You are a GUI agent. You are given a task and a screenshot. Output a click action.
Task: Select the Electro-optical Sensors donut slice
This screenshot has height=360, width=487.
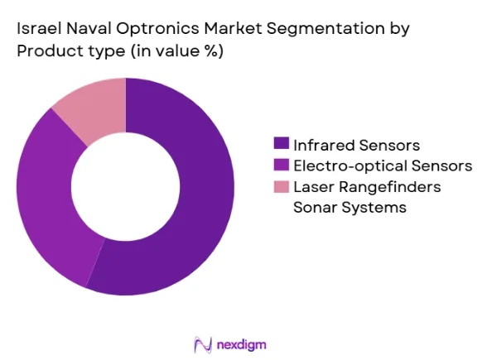click(x=50, y=199)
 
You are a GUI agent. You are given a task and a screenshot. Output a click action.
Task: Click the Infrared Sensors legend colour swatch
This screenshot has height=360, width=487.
click(x=282, y=144)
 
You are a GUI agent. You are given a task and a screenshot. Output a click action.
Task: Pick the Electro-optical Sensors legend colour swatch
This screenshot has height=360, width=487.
click(x=282, y=165)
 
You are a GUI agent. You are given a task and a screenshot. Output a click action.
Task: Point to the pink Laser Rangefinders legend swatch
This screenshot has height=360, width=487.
click(x=282, y=186)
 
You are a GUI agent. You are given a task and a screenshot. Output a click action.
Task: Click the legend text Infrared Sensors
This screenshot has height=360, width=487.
click(x=356, y=146)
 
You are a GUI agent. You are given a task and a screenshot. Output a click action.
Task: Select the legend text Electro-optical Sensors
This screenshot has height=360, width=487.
click(x=383, y=166)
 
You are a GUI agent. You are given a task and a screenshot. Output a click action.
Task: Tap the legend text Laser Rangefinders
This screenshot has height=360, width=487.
click(x=367, y=187)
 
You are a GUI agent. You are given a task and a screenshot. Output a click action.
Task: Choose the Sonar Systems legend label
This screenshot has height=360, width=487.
click(x=350, y=207)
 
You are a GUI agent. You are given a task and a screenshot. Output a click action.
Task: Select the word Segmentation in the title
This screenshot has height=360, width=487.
click(x=325, y=29)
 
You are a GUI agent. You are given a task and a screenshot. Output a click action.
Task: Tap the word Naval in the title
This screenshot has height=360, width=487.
click(x=89, y=28)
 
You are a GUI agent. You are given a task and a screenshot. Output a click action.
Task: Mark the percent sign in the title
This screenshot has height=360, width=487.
click(x=211, y=50)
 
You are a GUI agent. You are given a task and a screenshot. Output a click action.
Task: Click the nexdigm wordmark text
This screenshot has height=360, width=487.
click(x=241, y=345)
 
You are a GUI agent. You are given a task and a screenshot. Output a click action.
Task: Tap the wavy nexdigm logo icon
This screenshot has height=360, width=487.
click(x=203, y=344)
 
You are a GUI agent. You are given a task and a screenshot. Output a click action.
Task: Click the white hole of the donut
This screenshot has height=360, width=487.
click(x=126, y=186)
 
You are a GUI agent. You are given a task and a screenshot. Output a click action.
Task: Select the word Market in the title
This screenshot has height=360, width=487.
click(x=233, y=28)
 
